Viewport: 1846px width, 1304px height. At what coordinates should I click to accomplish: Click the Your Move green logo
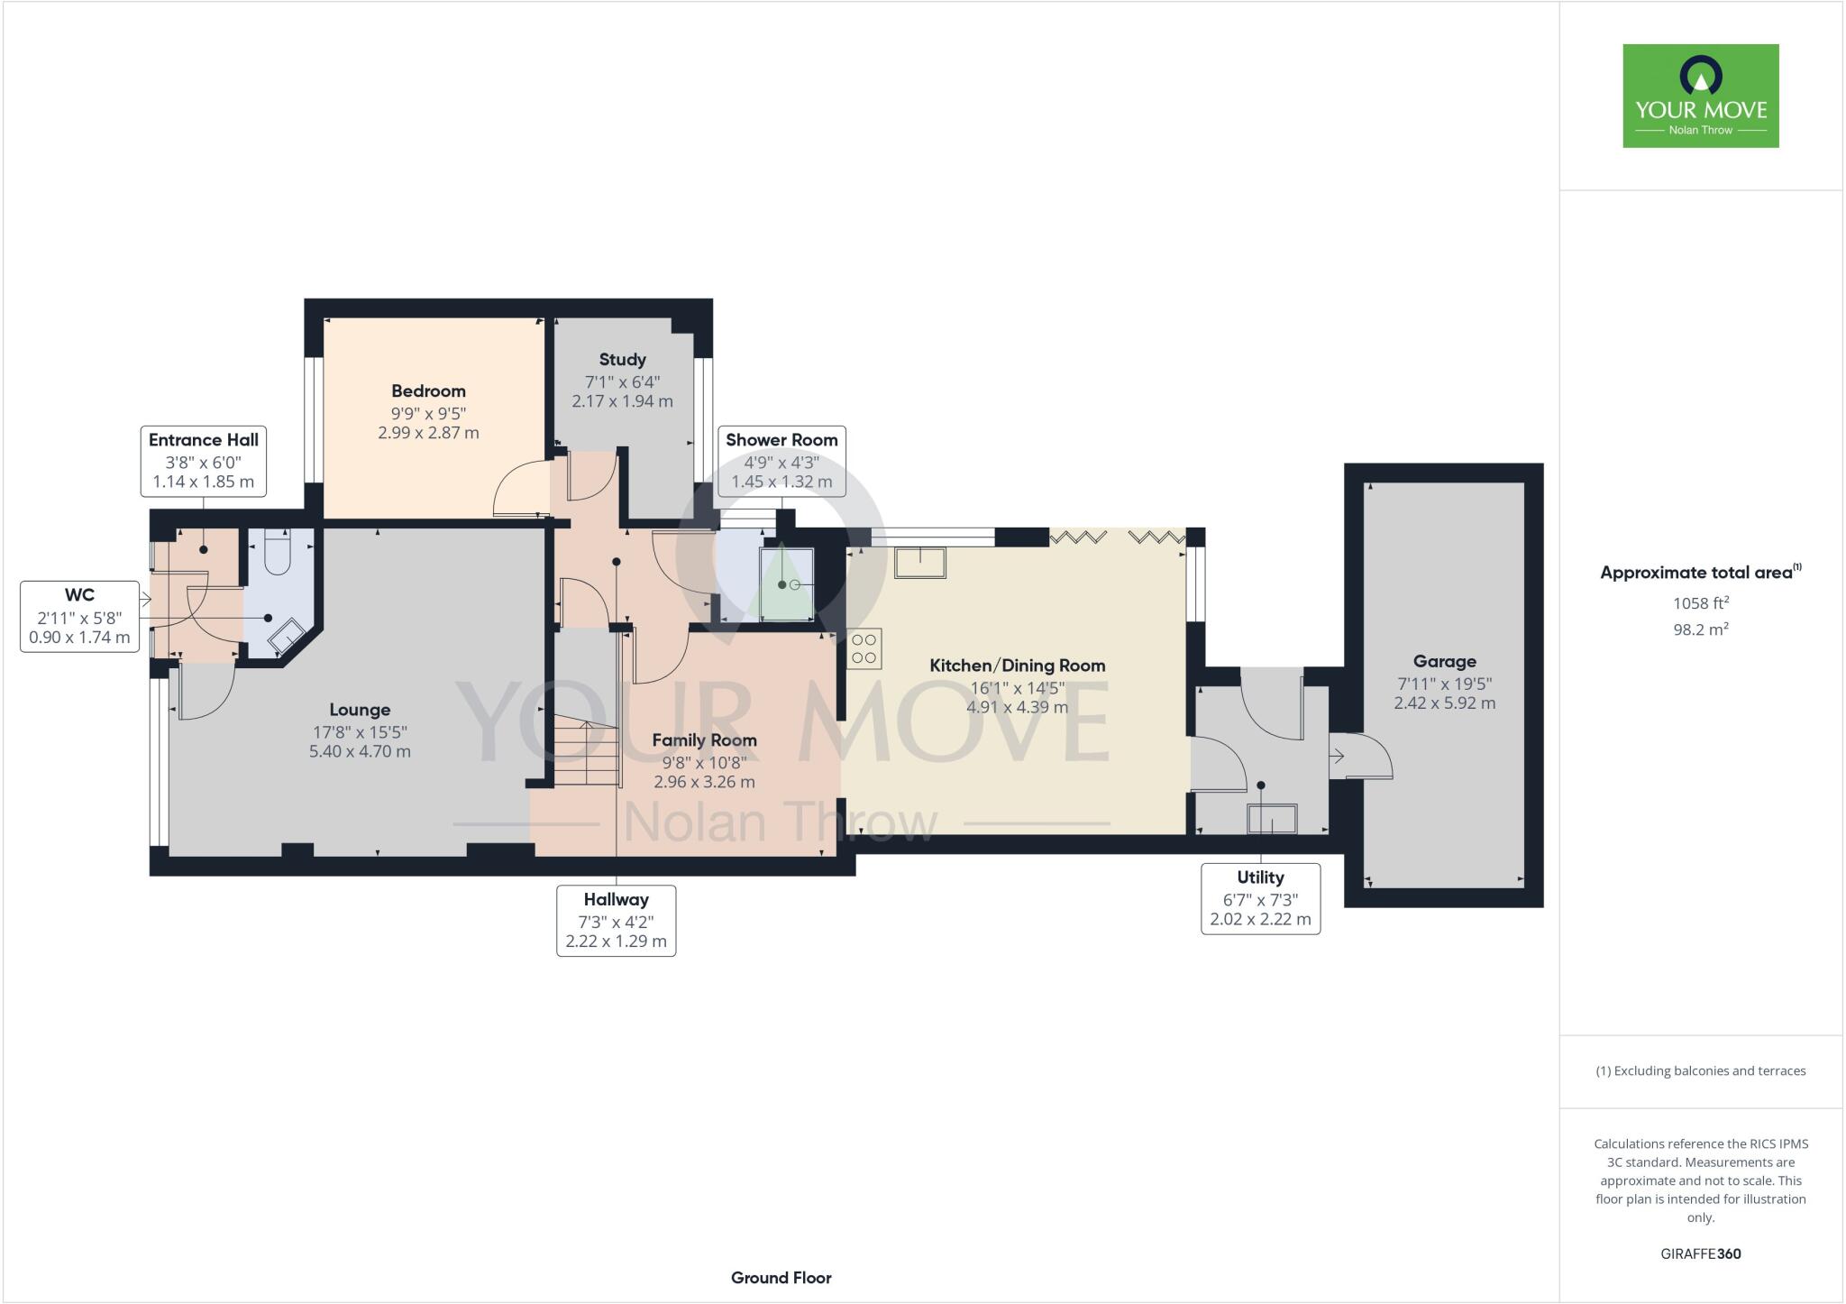[1700, 96]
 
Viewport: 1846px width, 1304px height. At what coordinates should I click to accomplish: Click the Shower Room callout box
[781, 461]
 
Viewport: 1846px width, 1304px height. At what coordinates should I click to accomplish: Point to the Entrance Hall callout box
[204, 461]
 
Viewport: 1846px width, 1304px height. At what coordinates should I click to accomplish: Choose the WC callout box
[79, 616]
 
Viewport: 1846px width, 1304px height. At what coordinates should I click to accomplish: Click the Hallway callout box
[616, 920]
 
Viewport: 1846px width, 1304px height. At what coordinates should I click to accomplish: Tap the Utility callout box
[1260, 898]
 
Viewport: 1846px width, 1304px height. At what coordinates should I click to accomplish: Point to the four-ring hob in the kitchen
[864, 649]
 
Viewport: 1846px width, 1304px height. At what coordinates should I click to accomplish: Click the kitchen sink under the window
[919, 562]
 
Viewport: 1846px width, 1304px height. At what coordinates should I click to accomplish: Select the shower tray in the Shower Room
[786, 584]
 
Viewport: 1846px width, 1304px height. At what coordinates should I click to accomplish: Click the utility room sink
[1271, 819]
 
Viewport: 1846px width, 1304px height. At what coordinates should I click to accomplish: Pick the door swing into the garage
[1363, 756]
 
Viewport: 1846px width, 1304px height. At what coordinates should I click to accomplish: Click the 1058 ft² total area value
[1700, 603]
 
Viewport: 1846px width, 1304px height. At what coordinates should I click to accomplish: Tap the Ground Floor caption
[781, 1277]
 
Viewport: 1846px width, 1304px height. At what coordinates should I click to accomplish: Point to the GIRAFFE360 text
[1700, 1253]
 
